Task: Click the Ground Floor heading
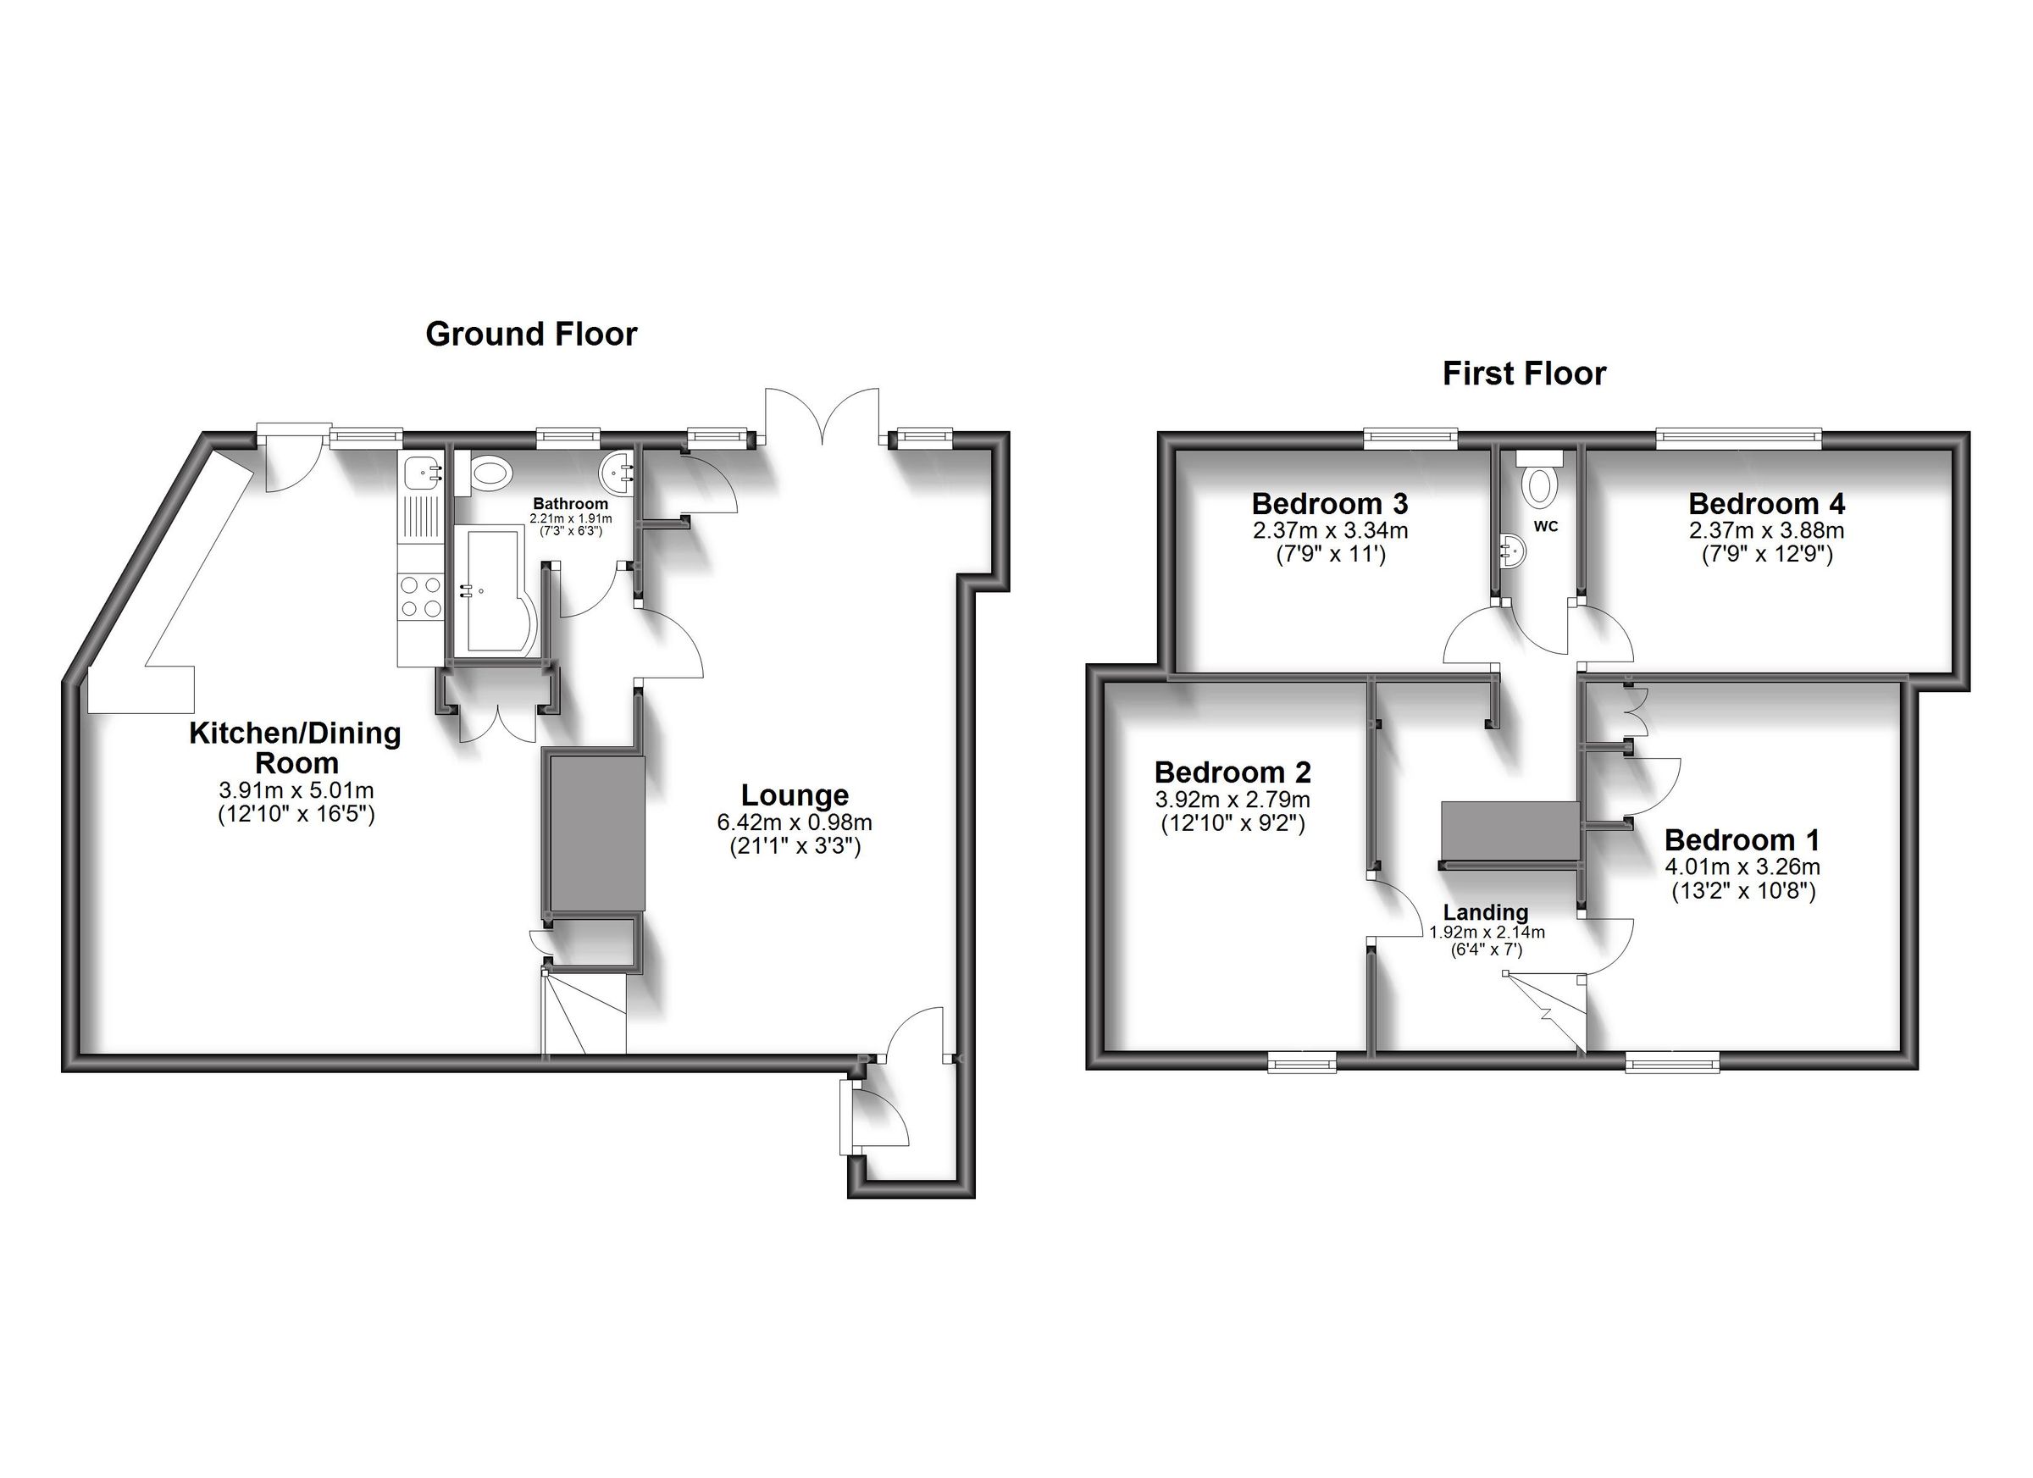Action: tap(530, 335)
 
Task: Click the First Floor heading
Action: tap(1524, 374)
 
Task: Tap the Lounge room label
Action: tap(795, 795)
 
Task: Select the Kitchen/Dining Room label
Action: tap(295, 748)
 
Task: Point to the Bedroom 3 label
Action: tap(1329, 503)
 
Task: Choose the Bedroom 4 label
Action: tap(1766, 503)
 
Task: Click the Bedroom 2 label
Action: tap(1233, 772)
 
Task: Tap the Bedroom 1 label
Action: tap(1742, 840)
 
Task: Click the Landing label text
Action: tap(1485, 912)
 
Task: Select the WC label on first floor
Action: tap(1545, 527)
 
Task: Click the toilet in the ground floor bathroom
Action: tap(490, 473)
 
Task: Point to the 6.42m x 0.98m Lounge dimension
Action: tap(795, 822)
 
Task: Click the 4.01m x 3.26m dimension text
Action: tap(1742, 866)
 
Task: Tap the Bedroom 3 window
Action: tap(1410, 437)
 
